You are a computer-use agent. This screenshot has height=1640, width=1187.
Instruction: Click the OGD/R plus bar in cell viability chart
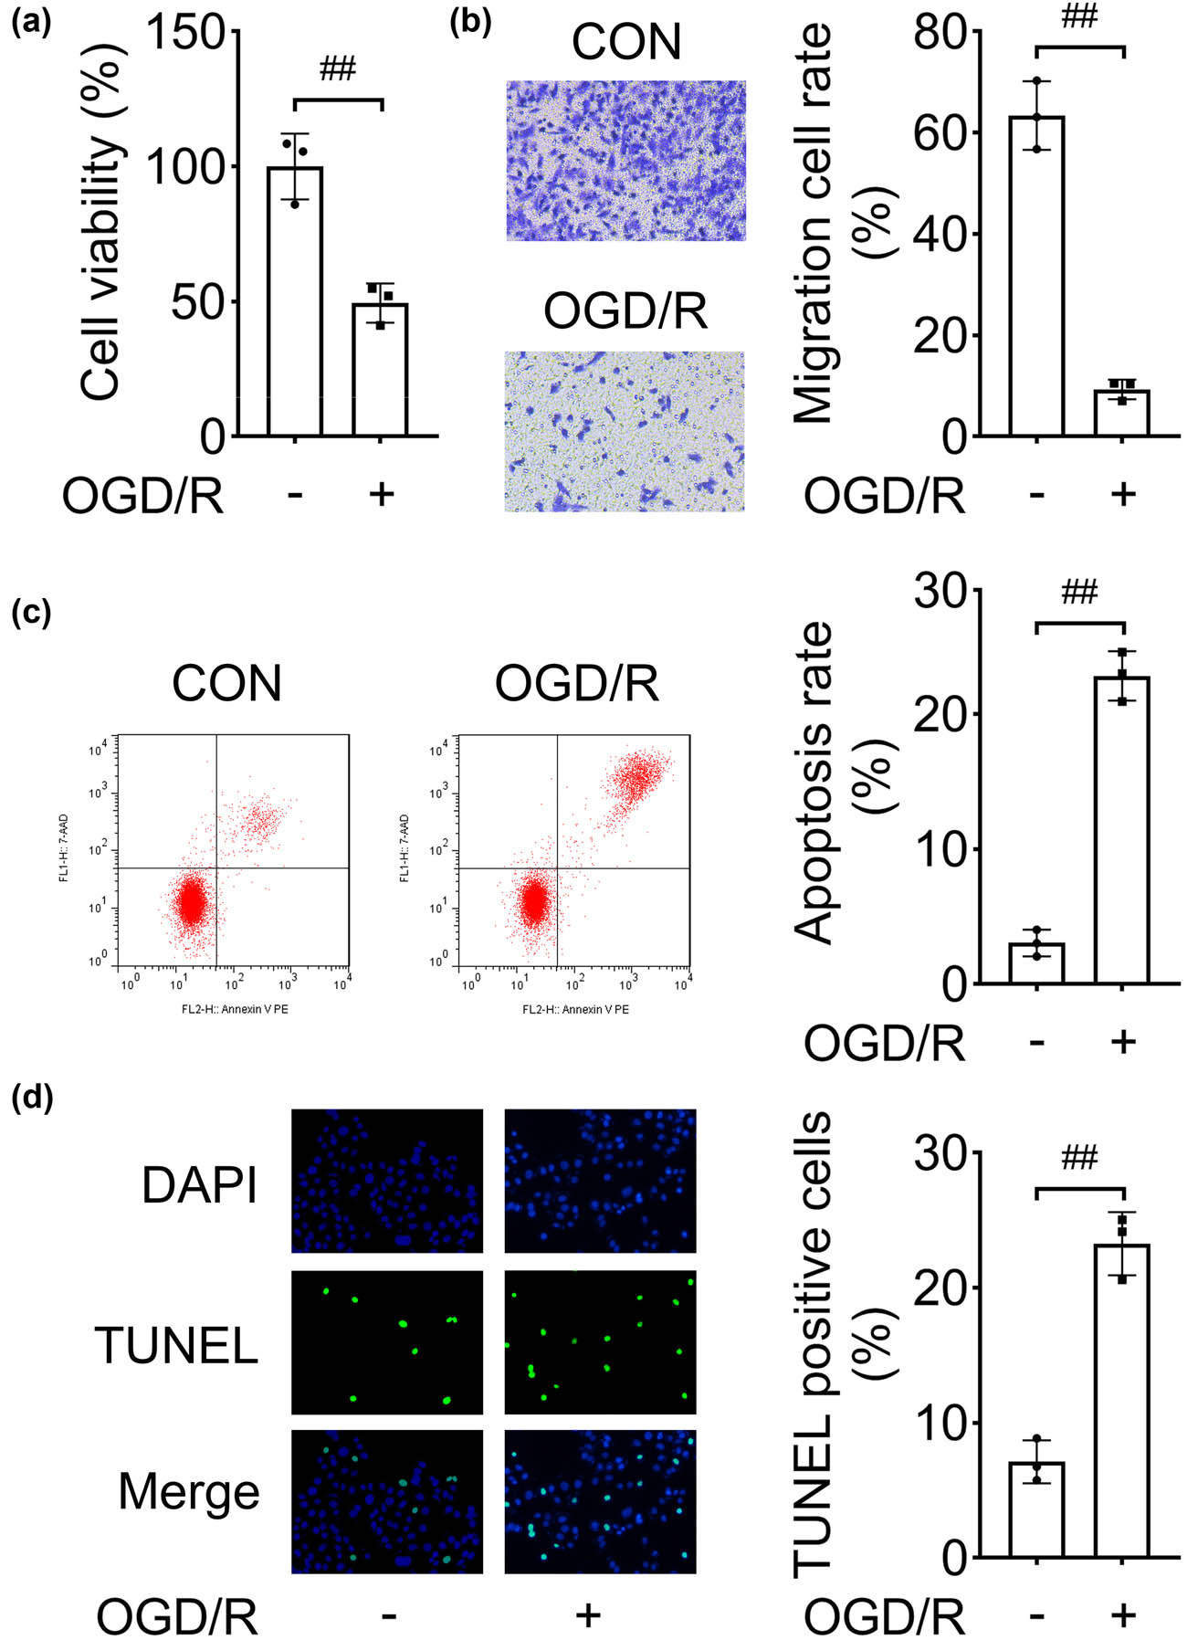(380, 369)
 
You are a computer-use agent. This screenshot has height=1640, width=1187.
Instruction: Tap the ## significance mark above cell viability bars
(338, 69)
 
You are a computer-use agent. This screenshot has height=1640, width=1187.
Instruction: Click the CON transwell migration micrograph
(626, 161)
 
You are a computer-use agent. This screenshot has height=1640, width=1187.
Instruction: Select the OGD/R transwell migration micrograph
(625, 431)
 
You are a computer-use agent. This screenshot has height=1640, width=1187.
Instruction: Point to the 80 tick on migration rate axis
(940, 35)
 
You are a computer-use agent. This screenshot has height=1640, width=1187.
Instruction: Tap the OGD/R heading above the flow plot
(577, 683)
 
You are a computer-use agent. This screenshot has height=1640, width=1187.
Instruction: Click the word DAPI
(199, 1185)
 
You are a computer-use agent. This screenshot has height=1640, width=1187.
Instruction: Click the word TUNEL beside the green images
(177, 1345)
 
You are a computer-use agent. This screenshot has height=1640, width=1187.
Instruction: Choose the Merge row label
(189, 1491)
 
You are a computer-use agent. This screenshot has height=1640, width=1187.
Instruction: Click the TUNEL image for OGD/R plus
(600, 1342)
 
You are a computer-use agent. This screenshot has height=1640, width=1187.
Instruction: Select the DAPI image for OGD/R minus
(387, 1181)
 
